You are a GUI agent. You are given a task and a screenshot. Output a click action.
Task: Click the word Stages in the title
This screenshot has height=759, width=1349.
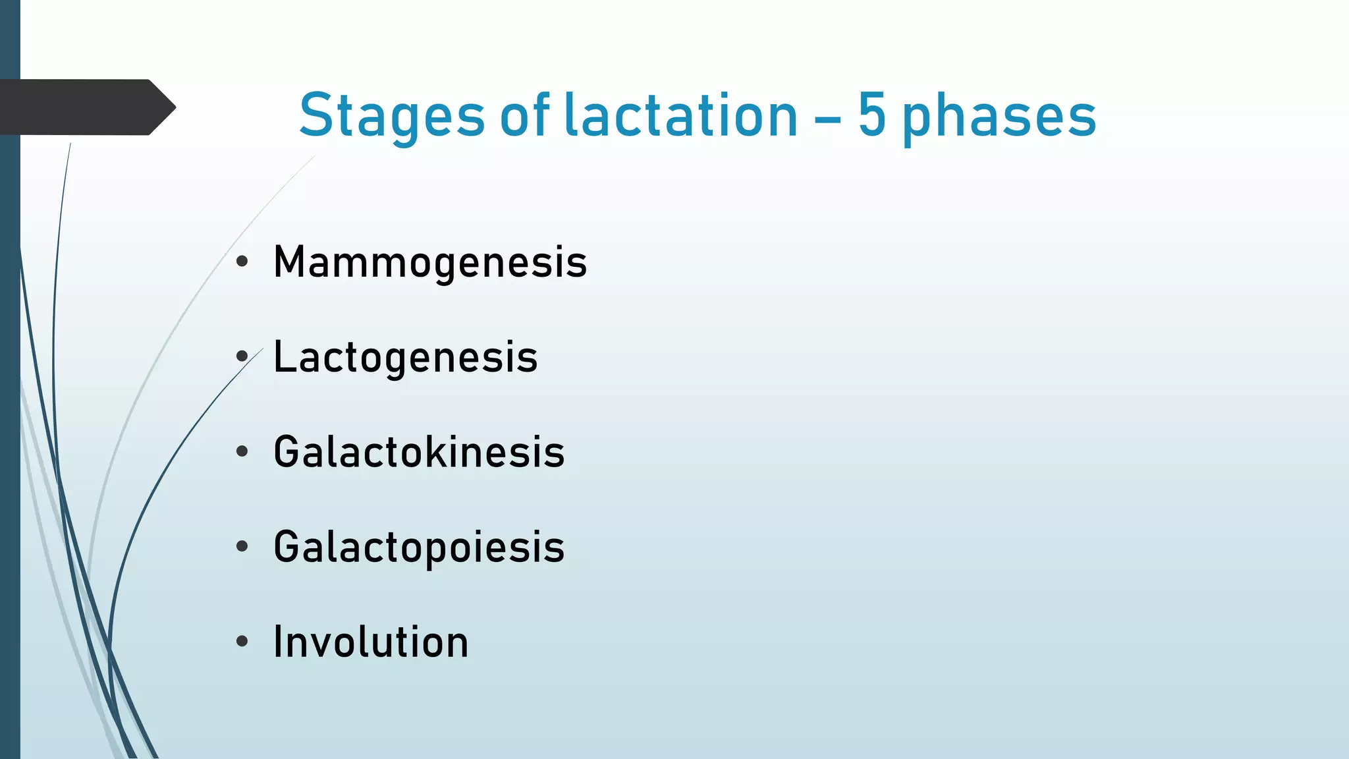pos(392,117)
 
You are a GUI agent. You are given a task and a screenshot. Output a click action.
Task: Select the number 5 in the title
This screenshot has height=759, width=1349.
pos(871,116)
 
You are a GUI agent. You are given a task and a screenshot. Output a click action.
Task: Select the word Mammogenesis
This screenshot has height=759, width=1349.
pos(430,263)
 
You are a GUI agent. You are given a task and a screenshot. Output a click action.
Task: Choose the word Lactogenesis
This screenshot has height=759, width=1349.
pos(406,358)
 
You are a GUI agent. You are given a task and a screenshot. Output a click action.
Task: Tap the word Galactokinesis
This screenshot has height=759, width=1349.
pos(419,452)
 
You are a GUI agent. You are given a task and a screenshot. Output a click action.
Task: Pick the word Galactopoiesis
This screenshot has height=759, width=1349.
pos(419,548)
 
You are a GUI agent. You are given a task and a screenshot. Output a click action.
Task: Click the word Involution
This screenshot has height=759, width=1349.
pos(371,642)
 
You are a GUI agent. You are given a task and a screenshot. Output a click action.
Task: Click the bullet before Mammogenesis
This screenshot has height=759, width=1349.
pos(242,262)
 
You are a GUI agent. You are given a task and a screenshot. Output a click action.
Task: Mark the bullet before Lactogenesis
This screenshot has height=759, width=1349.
pos(242,357)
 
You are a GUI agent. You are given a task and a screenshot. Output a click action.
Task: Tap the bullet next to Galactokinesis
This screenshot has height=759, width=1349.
pos(242,452)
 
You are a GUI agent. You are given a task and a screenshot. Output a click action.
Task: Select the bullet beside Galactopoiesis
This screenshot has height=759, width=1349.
pos(242,547)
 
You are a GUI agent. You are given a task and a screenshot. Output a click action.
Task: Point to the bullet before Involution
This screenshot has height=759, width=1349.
pos(242,642)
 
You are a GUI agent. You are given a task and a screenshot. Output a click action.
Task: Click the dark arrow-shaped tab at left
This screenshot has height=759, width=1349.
pos(86,107)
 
